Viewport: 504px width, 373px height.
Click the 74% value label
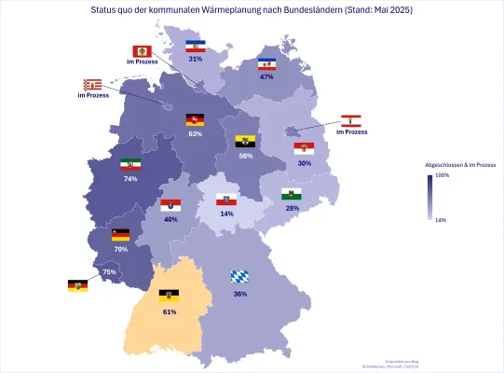[x=130, y=178]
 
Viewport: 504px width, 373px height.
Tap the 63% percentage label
[x=195, y=133]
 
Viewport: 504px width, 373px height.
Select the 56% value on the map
[x=246, y=156]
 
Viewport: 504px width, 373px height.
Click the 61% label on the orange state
[x=170, y=311]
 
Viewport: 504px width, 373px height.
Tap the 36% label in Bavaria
[x=239, y=294]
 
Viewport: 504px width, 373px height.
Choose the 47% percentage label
[x=266, y=77]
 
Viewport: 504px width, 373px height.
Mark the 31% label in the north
[x=196, y=58]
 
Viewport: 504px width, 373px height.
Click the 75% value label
[x=109, y=271]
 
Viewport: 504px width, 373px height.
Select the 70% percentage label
[x=120, y=249]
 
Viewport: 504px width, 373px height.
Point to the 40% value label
[x=170, y=219]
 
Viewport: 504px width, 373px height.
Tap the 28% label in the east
[x=292, y=208]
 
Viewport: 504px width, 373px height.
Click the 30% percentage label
[x=304, y=163]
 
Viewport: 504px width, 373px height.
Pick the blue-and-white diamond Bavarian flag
[x=239, y=277]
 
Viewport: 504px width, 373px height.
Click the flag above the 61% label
[x=170, y=295]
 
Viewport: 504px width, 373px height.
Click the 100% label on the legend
[x=443, y=174]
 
